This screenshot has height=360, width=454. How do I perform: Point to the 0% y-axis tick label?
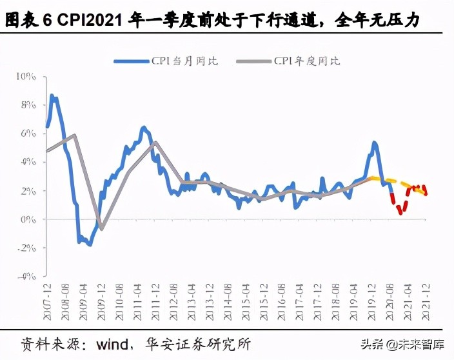pos(29,219)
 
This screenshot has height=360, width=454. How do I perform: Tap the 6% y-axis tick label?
pos(29,134)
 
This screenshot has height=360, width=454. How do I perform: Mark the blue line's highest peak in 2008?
pos(52,95)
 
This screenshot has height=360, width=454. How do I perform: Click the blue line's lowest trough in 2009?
pos(90,245)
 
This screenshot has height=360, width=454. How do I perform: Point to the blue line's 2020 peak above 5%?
pos(374,142)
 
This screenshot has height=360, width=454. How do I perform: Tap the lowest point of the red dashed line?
pos(400,212)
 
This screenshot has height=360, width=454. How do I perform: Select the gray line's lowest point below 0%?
pos(101,229)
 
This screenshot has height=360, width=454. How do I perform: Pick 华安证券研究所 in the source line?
pos(197,343)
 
